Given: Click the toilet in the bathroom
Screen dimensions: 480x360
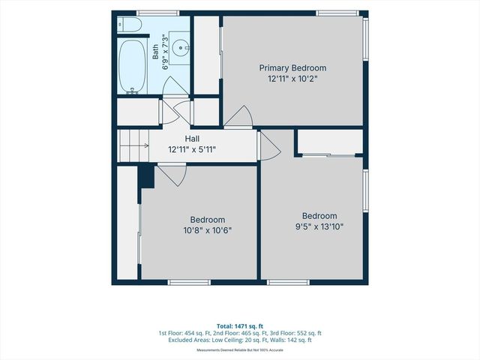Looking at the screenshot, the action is tap(129, 25).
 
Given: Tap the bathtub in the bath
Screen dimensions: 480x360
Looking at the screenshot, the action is tap(132, 67).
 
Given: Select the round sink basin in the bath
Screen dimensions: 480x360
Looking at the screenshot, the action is tap(181, 48).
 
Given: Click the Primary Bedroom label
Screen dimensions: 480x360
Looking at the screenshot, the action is tap(292, 67).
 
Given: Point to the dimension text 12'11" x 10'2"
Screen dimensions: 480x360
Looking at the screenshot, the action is tap(292, 79).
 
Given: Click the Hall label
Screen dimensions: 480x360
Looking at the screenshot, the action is tap(192, 139).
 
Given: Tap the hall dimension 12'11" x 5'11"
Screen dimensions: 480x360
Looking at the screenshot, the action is tap(192, 150).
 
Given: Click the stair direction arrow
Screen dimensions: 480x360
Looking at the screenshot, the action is tap(134, 145).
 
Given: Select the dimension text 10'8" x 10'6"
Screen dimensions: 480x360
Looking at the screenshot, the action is tap(208, 230).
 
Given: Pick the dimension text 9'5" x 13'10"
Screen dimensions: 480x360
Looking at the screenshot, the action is tap(319, 226).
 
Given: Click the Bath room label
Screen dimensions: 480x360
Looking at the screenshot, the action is tap(155, 52).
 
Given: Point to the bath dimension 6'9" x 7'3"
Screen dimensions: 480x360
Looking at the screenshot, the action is tap(165, 52).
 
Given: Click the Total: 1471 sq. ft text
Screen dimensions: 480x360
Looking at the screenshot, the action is tap(240, 326).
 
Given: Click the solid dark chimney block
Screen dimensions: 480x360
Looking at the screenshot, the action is tap(146, 176).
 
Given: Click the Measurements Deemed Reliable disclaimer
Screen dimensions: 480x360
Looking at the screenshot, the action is tap(240, 350).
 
